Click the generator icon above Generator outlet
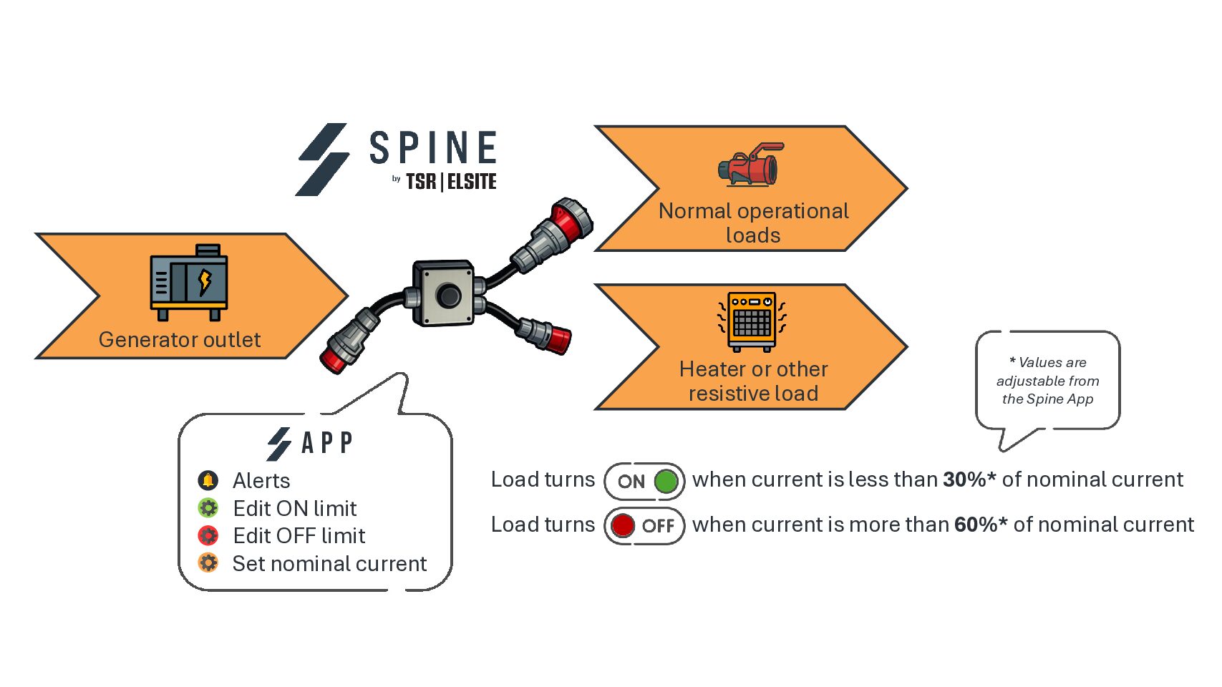[189, 283]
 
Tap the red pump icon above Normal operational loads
[750, 165]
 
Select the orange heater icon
[752, 321]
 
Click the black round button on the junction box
[449, 295]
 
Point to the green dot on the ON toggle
[666, 481]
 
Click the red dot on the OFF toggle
[623, 525]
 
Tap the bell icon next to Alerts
[208, 480]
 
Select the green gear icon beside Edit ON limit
[208, 508]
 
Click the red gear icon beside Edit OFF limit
[208, 535]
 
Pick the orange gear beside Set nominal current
[208, 563]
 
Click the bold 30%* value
[969, 479]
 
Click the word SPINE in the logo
[433, 148]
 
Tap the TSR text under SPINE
[421, 182]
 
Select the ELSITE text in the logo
[472, 182]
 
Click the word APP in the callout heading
[327, 443]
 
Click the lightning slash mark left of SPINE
[323, 160]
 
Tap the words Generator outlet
[180, 339]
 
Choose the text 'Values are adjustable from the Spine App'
[1048, 381]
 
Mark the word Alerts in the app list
[261, 480]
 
